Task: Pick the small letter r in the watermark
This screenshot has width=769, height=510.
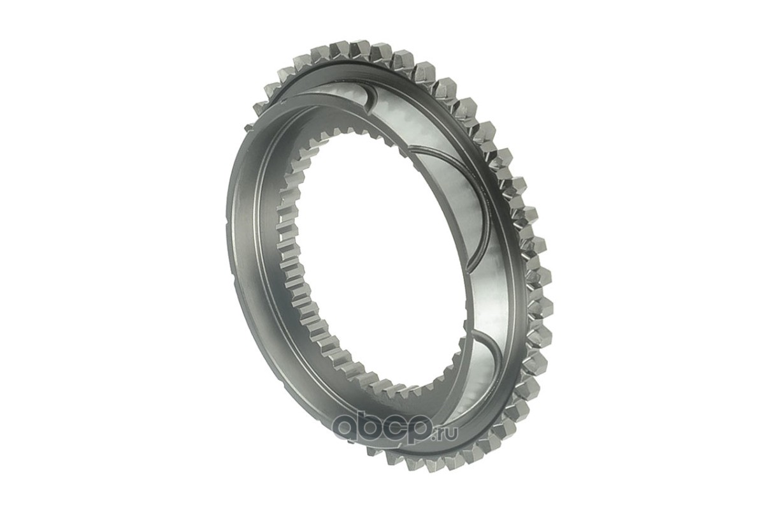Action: tap(443, 434)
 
